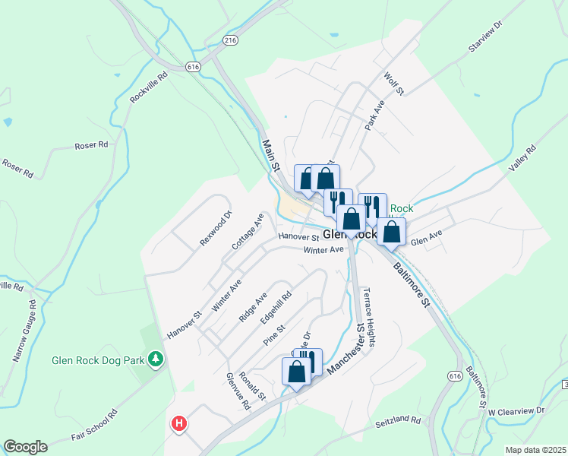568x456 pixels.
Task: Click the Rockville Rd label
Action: click(x=148, y=87)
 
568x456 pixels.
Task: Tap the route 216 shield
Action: click(x=230, y=39)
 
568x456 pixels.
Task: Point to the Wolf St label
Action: click(x=393, y=84)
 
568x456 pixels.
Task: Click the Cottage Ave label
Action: click(x=248, y=231)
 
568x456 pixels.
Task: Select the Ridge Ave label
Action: click(x=254, y=307)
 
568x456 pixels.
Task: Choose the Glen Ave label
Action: click(x=426, y=241)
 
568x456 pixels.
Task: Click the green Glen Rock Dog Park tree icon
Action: click(x=156, y=357)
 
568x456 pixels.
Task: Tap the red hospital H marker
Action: click(x=179, y=423)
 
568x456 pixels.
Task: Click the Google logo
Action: click(x=26, y=447)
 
